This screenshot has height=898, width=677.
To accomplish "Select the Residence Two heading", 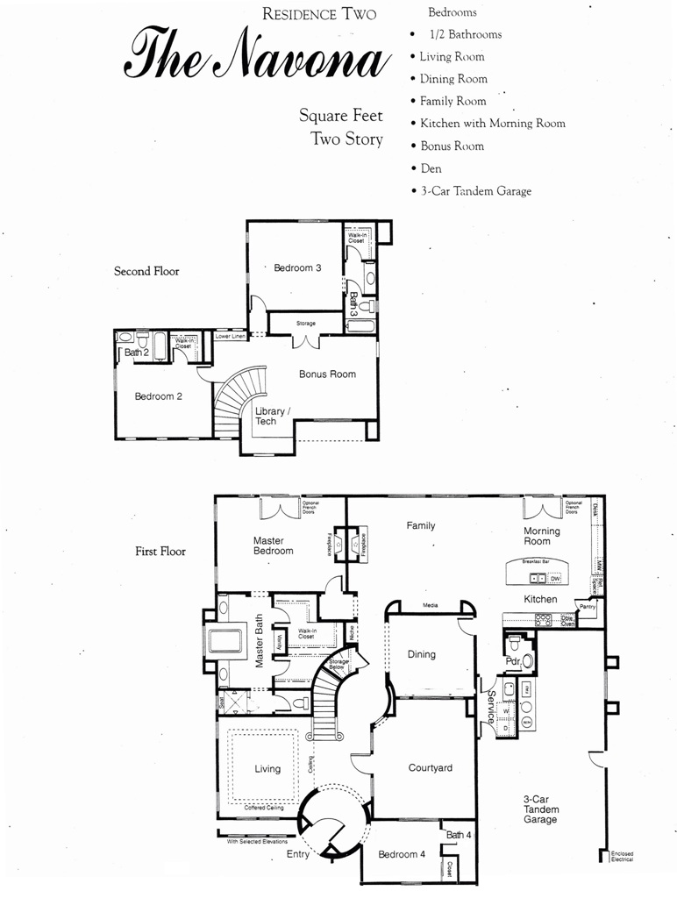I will tap(318, 13).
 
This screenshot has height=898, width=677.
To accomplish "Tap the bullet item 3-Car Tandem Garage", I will tap(475, 191).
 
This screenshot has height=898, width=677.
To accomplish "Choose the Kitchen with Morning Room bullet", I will tap(492, 124).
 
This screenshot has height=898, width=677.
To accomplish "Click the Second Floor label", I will tap(146, 271).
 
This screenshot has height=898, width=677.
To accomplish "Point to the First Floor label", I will tap(160, 552).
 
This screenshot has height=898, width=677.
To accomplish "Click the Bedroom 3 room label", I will tap(297, 267).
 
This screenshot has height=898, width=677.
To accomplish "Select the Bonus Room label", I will tap(327, 374).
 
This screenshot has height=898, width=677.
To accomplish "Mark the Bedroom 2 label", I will tap(158, 396).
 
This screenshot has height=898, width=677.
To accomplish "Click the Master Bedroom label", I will tap(273, 545).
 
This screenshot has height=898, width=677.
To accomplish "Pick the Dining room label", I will tap(421, 654).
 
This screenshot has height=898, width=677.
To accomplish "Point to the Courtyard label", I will tap(431, 768).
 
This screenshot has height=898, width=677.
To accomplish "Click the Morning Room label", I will tap(542, 536).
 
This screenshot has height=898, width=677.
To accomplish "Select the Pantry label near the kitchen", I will tap(587, 606).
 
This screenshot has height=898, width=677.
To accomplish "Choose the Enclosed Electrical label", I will tap(623, 856).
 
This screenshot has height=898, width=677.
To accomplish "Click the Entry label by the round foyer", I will tap(298, 854).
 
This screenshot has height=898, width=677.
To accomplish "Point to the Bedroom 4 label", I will tap(402, 854).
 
